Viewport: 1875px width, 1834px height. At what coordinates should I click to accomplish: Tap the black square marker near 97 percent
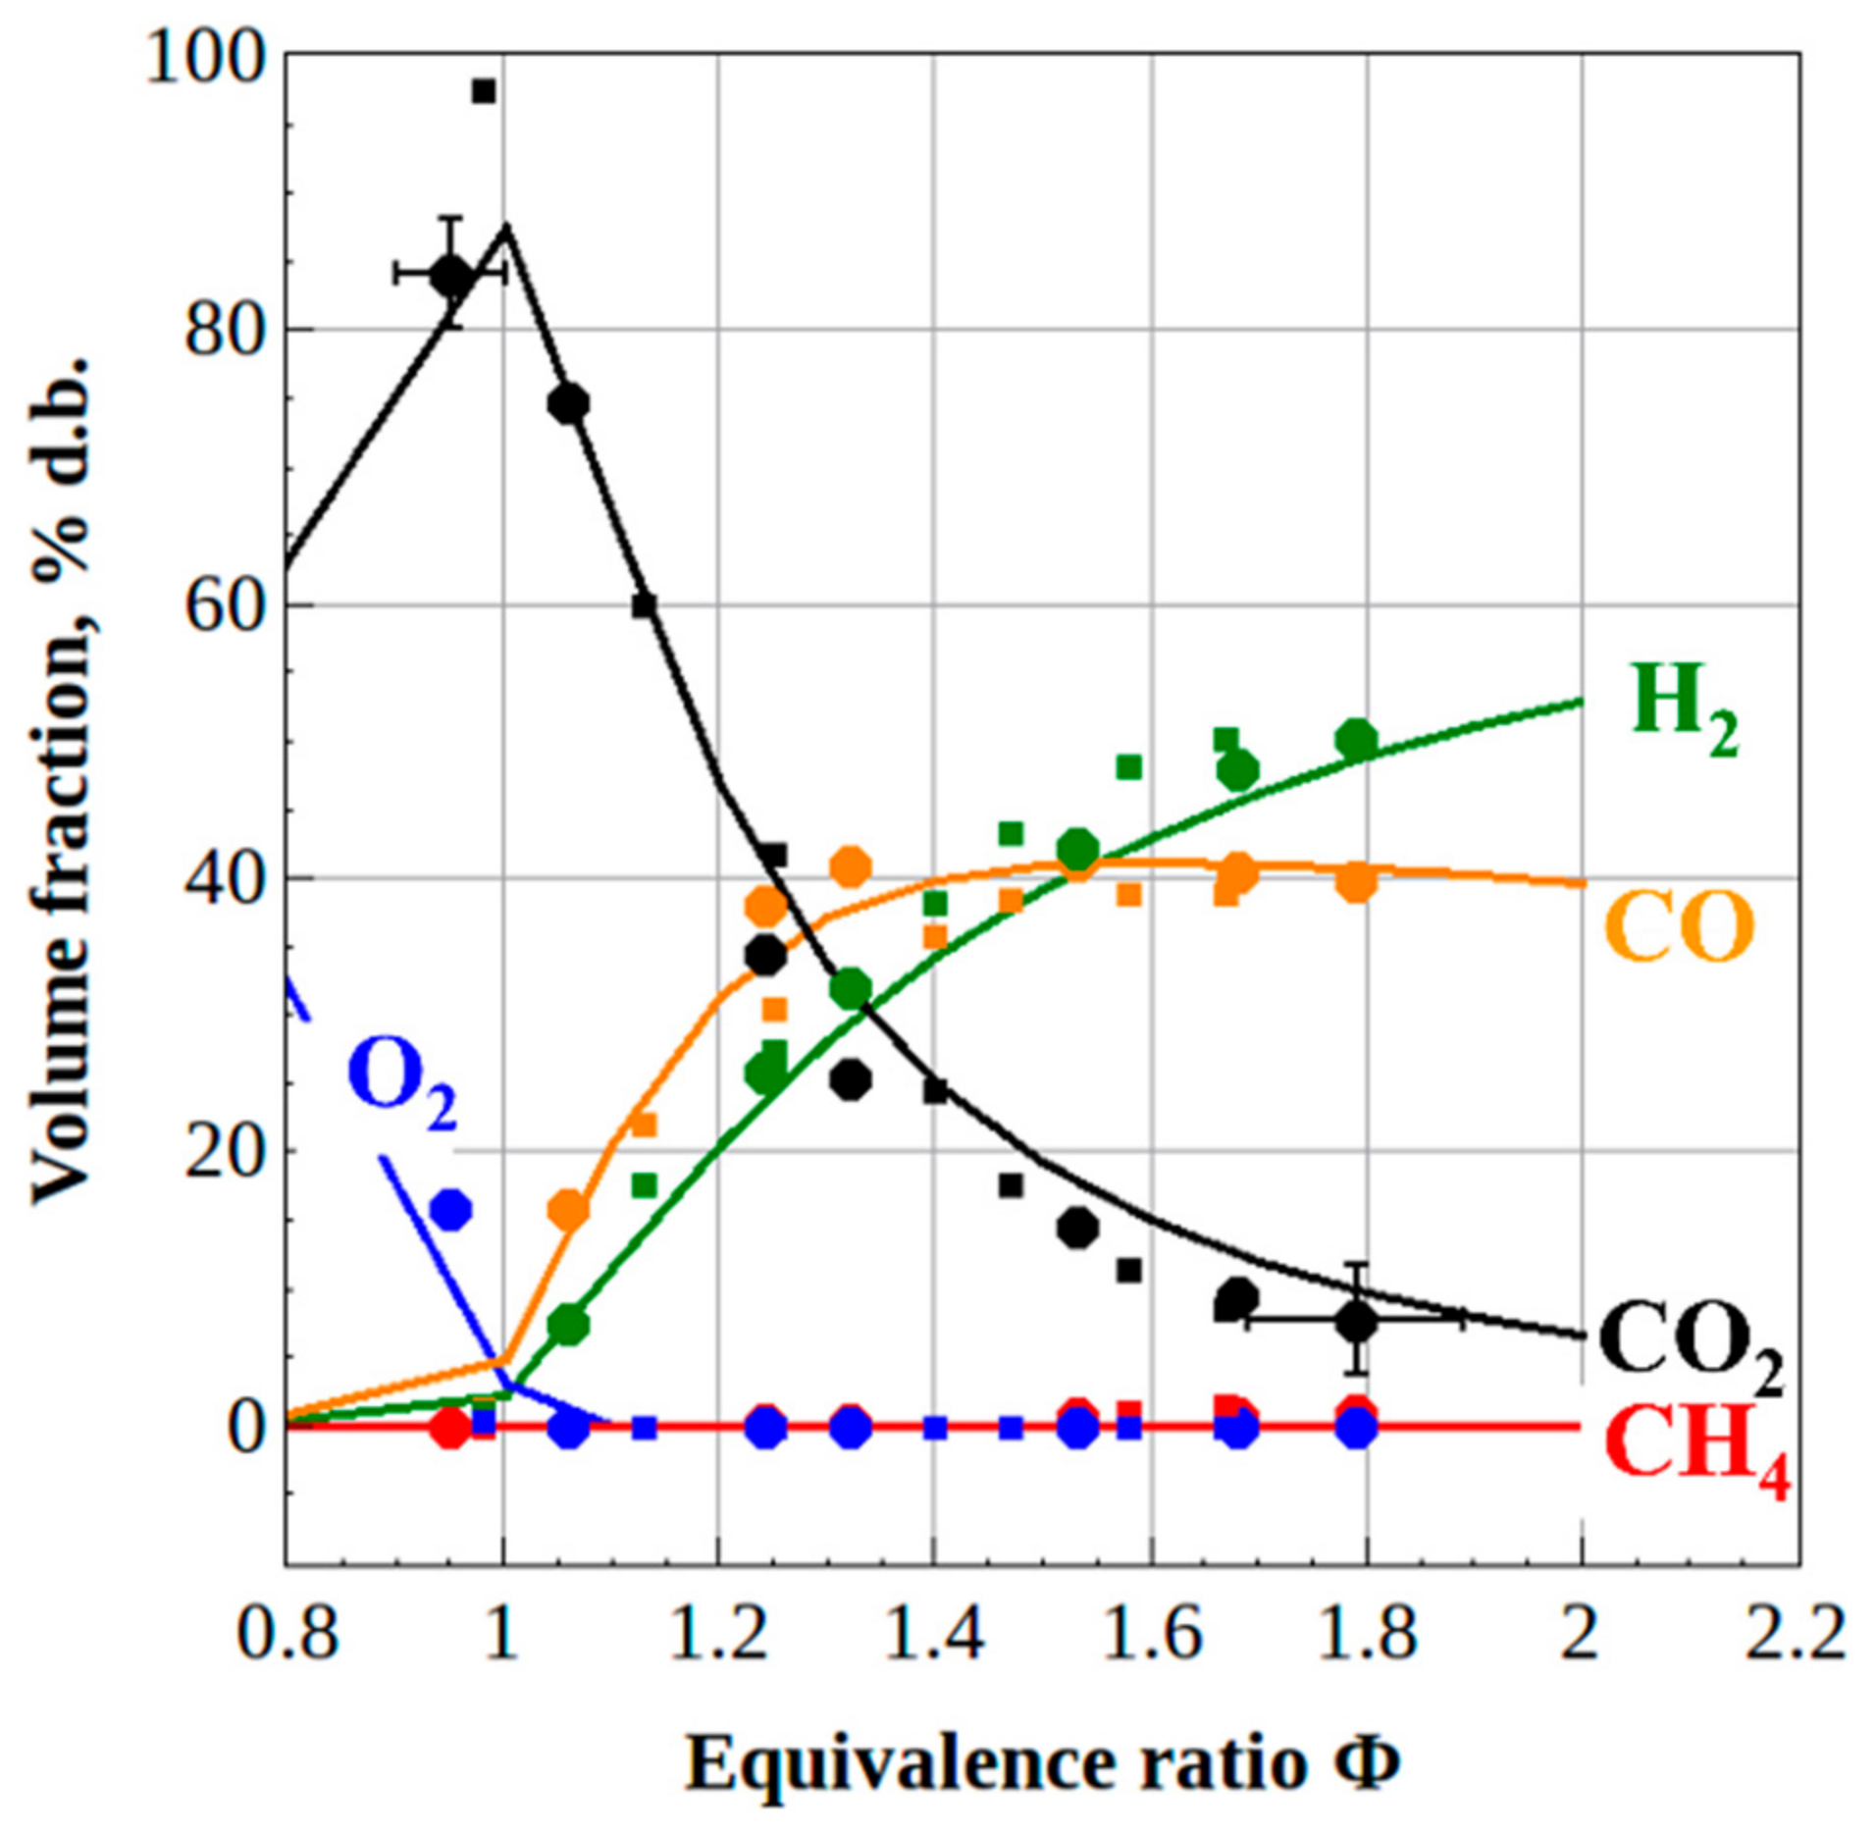pyautogui.click(x=483, y=92)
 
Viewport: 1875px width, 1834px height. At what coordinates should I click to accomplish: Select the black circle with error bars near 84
pyautogui.click(x=451, y=275)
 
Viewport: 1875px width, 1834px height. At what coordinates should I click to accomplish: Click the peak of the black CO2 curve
pyautogui.click(x=506, y=228)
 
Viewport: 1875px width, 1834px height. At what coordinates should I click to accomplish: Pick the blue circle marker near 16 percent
pyautogui.click(x=451, y=1210)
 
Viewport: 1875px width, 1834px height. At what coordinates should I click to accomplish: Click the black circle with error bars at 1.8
pyautogui.click(x=1356, y=1321)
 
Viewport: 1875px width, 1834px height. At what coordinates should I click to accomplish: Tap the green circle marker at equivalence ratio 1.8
pyautogui.click(x=1356, y=739)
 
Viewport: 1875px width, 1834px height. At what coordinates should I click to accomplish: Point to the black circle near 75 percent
pyautogui.click(x=567, y=403)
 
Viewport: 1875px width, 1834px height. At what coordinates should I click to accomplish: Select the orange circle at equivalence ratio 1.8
pyautogui.click(x=1356, y=882)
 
